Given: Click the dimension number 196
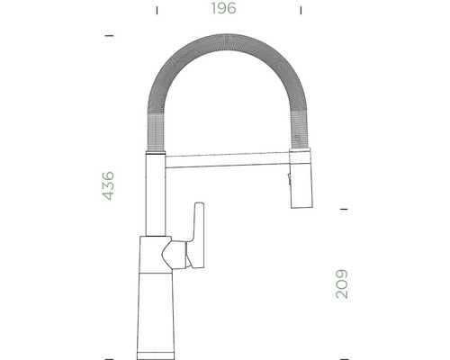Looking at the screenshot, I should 225,10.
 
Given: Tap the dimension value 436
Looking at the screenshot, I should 108,184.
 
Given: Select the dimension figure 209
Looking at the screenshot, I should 342,283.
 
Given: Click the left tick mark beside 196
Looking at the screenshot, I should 157,11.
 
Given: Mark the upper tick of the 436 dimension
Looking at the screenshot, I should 109,35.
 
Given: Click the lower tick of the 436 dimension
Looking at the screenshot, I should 109,355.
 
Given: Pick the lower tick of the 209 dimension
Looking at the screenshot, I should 343,354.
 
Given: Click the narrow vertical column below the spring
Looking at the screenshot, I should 153,193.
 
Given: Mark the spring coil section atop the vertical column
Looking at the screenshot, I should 152,135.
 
